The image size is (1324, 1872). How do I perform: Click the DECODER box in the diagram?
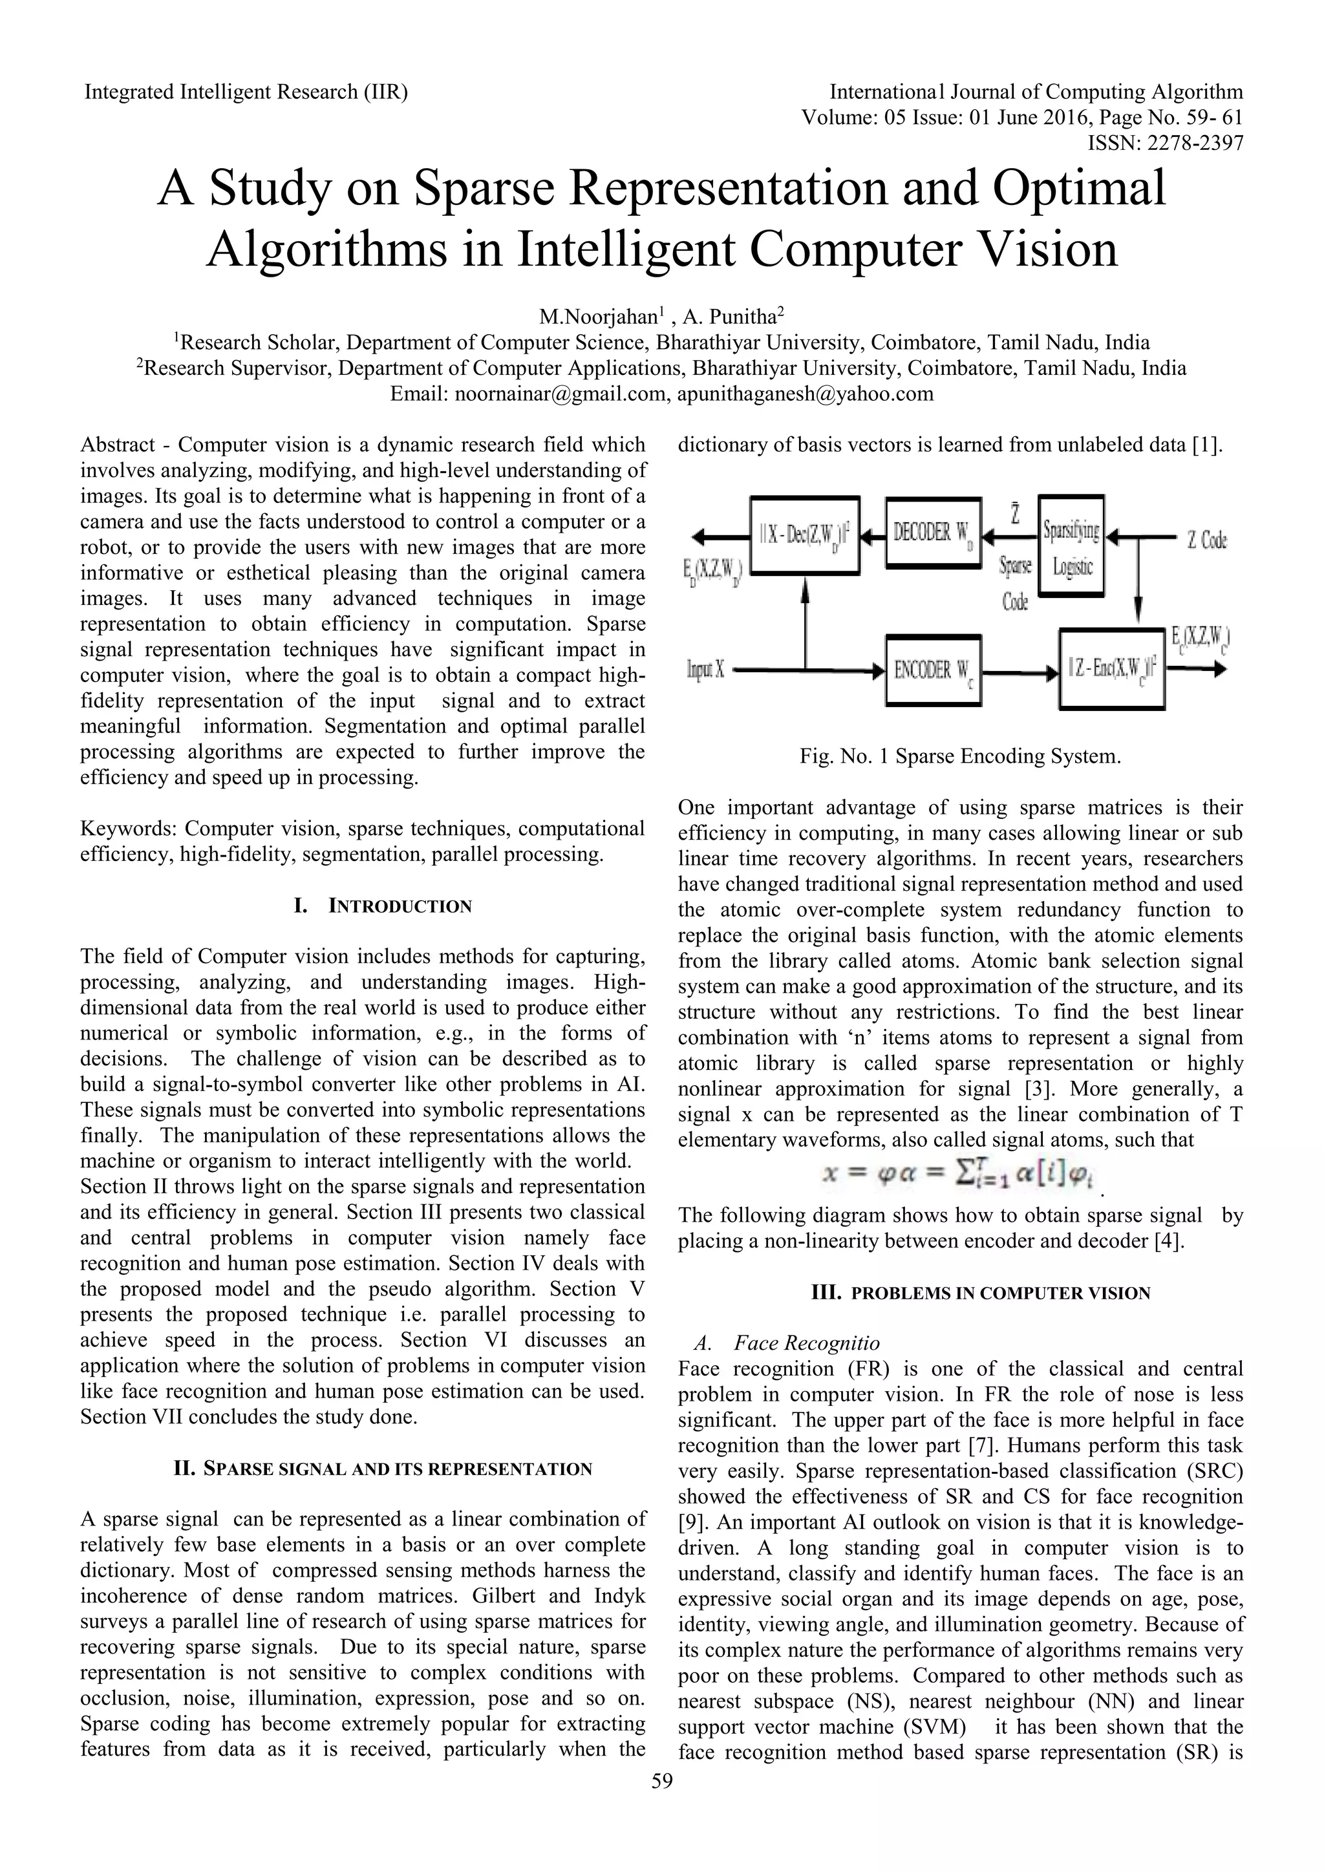point(934,533)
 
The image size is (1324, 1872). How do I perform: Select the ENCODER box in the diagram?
point(934,671)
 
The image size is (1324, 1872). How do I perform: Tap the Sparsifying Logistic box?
point(1071,546)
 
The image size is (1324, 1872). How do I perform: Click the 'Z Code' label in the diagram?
point(1206,540)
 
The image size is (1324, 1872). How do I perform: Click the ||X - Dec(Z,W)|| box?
point(804,535)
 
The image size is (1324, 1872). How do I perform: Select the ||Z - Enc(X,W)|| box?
point(1111,668)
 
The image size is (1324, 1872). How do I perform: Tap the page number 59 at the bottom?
point(663,1803)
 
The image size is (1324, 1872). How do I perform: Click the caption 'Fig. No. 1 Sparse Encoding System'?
point(961,756)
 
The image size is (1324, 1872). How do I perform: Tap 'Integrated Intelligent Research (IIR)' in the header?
point(246,91)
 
